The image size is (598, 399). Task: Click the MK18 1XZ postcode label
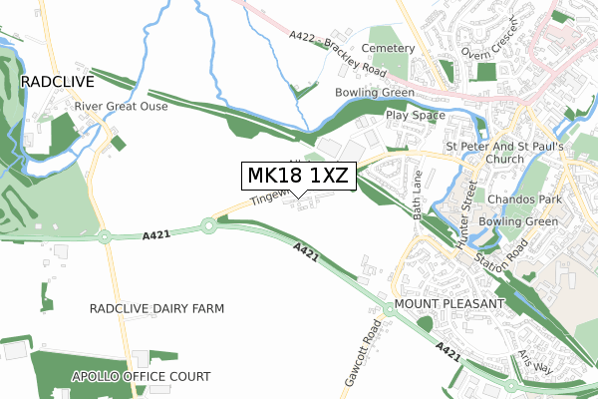[298, 176]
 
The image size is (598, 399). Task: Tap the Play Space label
[415, 115]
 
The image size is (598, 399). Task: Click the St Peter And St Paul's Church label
[505, 153]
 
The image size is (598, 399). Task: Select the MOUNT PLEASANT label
[450, 302]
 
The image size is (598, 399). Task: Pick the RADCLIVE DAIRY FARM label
[156, 308]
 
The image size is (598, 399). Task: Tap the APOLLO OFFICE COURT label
[141, 376]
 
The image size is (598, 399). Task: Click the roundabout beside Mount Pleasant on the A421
[389, 310]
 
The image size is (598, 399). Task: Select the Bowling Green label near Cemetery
[375, 93]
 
